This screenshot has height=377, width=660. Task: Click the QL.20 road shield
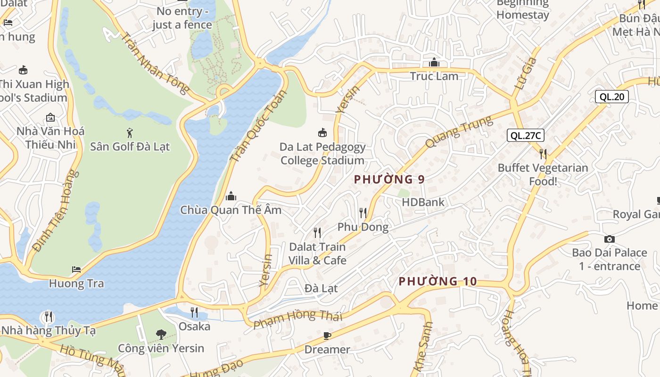(611, 97)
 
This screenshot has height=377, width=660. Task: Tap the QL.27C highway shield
(526, 136)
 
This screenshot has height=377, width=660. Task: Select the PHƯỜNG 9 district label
(389, 180)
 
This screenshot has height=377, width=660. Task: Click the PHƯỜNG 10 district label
(437, 282)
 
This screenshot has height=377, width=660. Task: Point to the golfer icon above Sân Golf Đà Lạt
(130, 133)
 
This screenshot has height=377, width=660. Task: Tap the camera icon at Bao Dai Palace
(609, 239)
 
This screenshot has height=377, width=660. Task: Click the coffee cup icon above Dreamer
(327, 336)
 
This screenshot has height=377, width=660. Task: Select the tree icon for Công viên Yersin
(161, 335)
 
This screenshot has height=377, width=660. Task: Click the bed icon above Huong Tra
(76, 270)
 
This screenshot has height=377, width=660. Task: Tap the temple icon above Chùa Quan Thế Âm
(231, 196)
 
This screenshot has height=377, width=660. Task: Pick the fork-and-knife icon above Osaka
(194, 312)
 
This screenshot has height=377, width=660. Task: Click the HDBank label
(423, 202)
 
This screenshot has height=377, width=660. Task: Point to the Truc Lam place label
(434, 76)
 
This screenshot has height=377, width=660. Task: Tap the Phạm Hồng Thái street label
(297, 319)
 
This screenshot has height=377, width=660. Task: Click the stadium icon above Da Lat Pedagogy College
(322, 133)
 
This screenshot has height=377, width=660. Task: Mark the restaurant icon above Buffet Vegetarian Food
(543, 154)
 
